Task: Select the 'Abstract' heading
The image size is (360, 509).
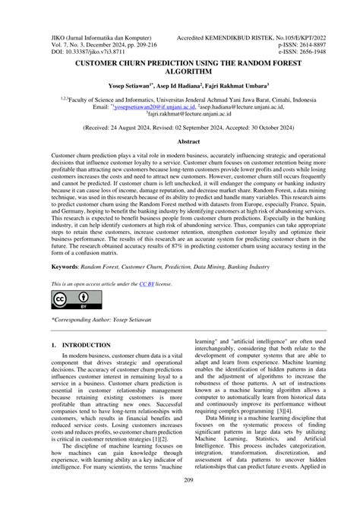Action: (179, 141)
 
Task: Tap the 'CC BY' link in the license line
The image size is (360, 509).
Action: (159, 283)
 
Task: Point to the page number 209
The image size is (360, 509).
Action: (180, 501)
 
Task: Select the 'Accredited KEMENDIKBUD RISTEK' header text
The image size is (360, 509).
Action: (259, 14)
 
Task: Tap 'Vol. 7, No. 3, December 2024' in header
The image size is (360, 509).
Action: (83, 23)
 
